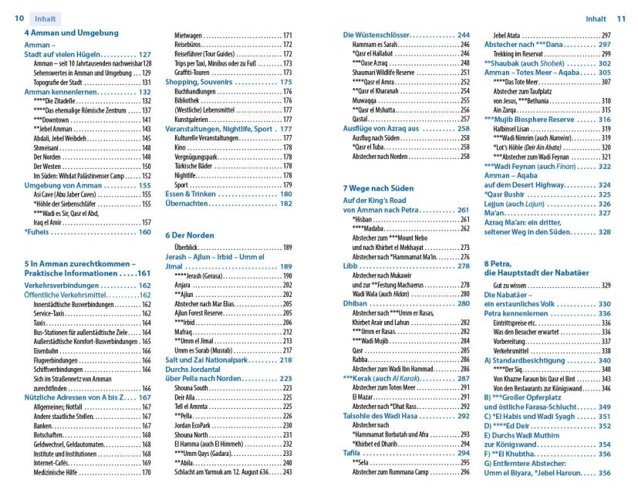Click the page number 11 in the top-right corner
point(620,18)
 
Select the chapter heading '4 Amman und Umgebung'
point(71,33)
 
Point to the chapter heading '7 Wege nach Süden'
point(379,187)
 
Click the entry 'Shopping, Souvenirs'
point(201,81)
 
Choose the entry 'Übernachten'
point(188,204)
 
